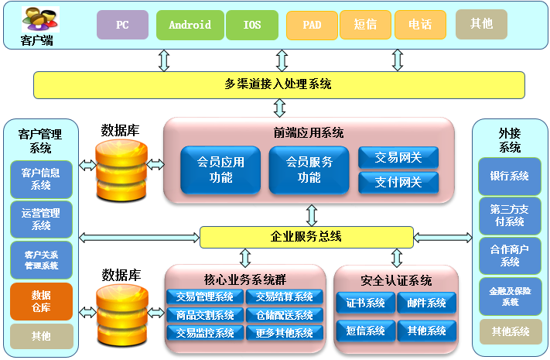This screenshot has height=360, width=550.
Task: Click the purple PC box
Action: [x=122, y=25]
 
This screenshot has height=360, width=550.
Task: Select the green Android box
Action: [x=190, y=25]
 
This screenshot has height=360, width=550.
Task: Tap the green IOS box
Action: [x=252, y=25]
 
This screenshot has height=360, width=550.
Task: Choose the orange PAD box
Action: [x=312, y=25]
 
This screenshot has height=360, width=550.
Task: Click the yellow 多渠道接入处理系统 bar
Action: [x=278, y=84]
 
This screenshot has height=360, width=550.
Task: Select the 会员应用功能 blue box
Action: [x=220, y=170]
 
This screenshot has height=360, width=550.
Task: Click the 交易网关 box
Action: [x=398, y=158]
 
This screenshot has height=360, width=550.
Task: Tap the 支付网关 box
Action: [x=398, y=183]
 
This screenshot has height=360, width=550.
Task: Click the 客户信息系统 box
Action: [x=41, y=179]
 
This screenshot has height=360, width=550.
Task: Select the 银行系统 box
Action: [x=509, y=177]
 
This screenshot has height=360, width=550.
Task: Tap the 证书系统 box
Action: [x=364, y=303]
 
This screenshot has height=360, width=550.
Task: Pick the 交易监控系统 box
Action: [x=204, y=333]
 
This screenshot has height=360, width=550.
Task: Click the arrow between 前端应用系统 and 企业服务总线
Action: [x=311, y=214]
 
